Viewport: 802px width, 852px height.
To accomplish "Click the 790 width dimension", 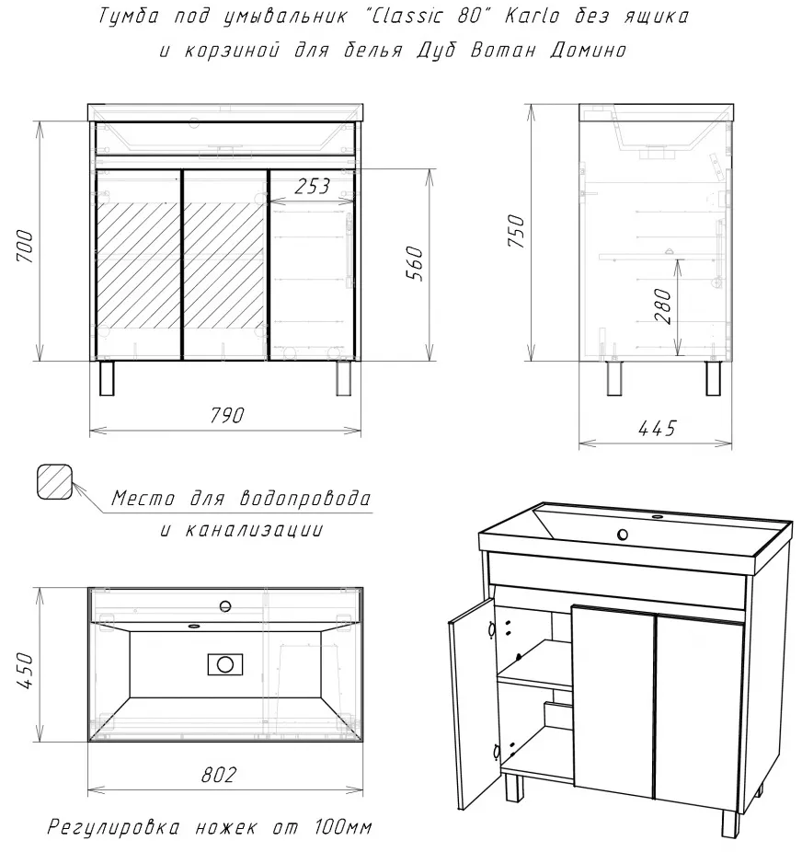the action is [226, 416].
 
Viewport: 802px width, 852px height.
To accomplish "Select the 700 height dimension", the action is [26, 247].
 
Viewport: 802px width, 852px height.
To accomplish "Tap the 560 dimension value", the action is [415, 263].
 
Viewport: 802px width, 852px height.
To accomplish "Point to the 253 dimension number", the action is [312, 187].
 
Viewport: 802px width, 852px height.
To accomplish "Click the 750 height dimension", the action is [516, 230].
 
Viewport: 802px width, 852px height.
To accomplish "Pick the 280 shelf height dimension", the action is [663, 305].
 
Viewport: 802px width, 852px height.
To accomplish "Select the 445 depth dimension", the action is [657, 428].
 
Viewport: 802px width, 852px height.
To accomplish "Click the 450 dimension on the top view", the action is [26, 671].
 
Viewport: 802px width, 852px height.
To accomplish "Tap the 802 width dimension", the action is [219, 775].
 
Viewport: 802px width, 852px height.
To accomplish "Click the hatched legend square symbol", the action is [54, 481].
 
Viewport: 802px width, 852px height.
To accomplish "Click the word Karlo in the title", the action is [533, 17].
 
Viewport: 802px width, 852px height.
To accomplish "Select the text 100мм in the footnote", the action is [343, 827].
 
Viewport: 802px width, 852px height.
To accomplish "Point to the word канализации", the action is [254, 529].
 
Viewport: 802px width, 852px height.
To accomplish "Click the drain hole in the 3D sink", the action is [623, 535].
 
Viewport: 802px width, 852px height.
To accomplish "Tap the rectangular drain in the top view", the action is [225, 664].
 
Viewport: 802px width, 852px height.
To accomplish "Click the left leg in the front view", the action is [107, 377].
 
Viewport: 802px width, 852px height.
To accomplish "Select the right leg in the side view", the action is [714, 377].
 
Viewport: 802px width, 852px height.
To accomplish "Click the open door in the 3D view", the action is [472, 706].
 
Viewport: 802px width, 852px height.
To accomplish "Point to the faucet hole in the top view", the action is [224, 605].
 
